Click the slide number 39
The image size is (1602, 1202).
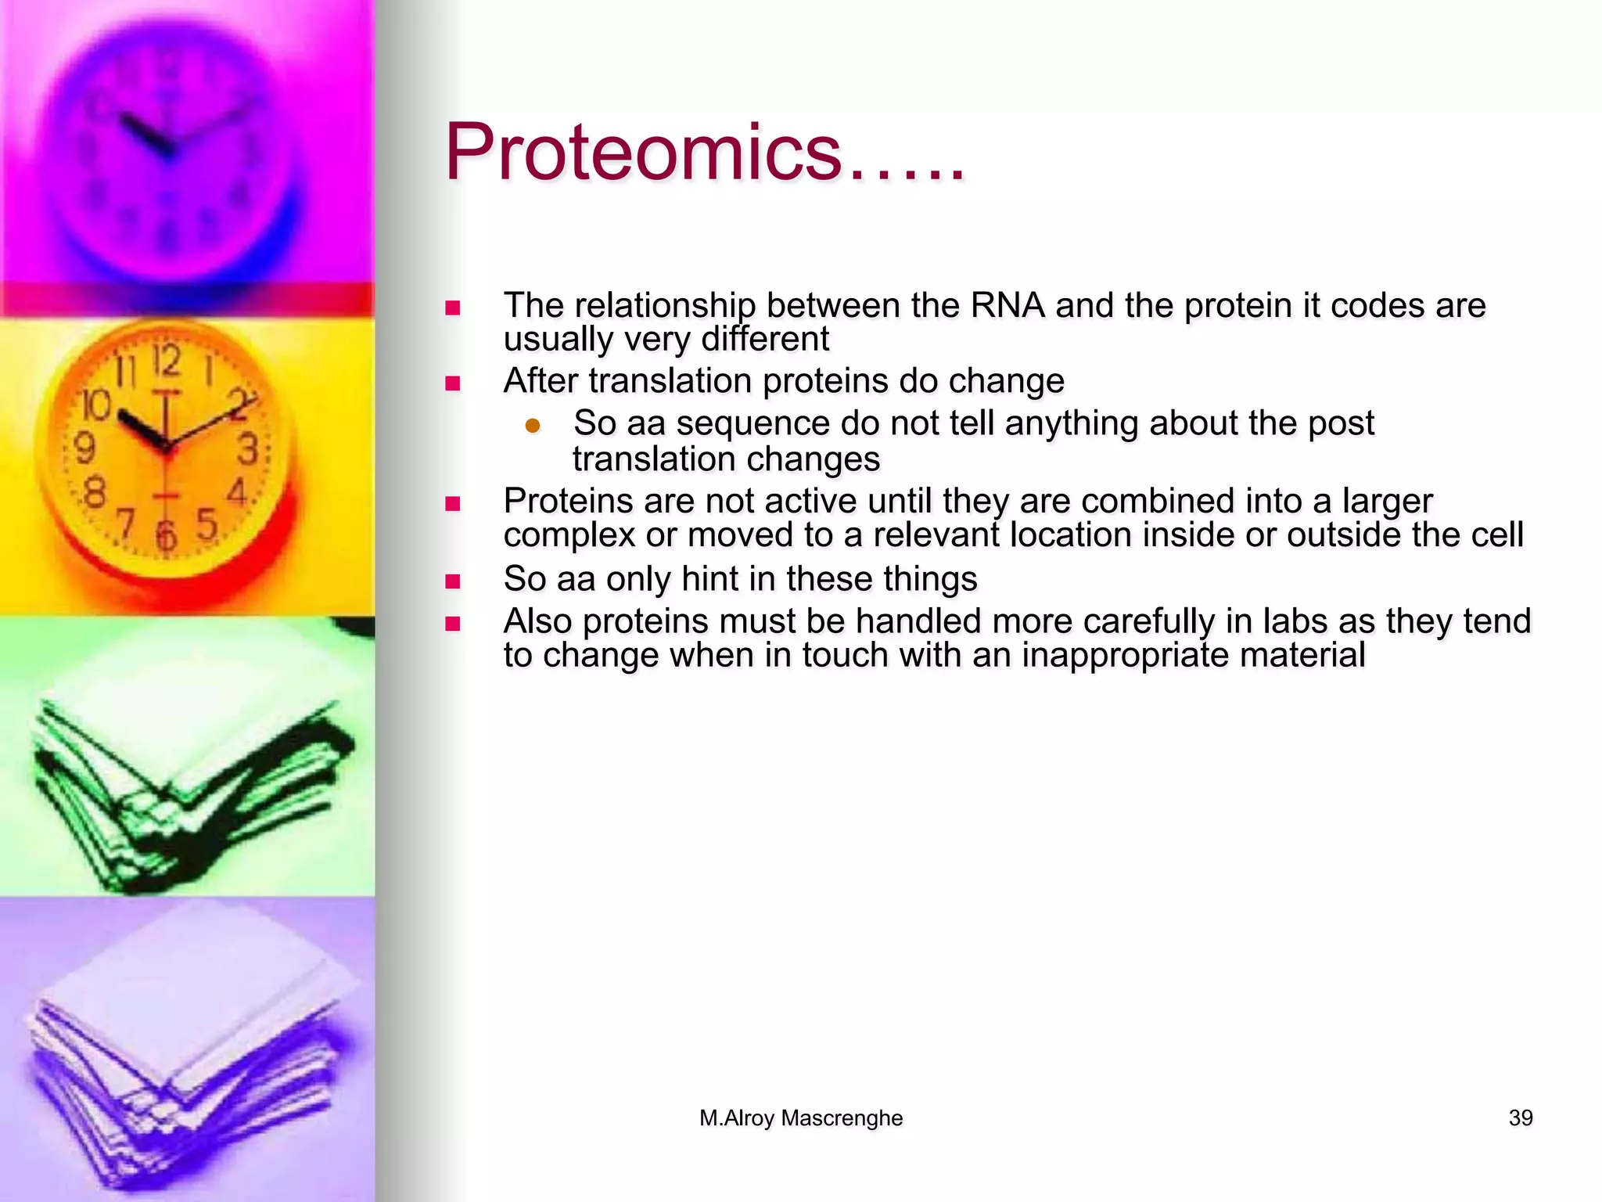1520,1118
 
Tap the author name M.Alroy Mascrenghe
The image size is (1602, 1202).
800,1118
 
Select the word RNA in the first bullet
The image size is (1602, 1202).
1007,305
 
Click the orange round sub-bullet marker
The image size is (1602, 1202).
533,426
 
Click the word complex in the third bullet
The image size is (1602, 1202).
569,535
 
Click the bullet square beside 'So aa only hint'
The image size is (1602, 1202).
452,581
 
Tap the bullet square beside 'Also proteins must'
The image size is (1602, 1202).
452,624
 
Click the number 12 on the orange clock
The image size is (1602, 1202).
167,362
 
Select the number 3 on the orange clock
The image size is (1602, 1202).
247,449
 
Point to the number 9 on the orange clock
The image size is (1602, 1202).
84,448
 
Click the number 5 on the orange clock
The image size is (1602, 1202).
207,524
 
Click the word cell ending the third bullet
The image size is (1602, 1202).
1497,535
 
